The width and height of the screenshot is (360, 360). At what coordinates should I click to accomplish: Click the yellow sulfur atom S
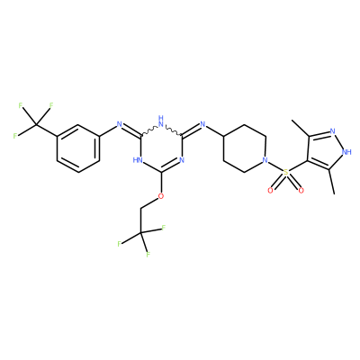coord(285,173)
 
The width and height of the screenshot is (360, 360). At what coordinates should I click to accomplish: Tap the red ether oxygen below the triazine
coord(161,196)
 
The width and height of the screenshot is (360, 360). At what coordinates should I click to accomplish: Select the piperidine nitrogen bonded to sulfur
coord(265,160)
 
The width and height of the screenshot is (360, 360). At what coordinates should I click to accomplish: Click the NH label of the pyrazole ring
coord(346,152)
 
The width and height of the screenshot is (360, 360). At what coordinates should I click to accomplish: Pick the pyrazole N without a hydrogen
coord(332,131)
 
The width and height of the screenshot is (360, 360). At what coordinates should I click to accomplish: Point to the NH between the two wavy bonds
coord(161,120)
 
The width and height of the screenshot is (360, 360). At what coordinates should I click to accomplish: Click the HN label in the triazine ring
coord(138,160)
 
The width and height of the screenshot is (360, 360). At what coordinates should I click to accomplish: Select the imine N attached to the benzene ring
coord(120,124)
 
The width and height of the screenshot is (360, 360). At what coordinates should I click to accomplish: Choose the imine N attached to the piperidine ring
coord(202,124)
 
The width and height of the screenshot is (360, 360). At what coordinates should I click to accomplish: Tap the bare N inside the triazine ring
coord(182,160)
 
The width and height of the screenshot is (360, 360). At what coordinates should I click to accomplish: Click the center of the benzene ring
coord(78,148)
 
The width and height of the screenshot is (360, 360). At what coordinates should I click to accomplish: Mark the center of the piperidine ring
coord(244,148)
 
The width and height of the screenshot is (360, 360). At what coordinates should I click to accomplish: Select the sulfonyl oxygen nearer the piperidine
coord(270,190)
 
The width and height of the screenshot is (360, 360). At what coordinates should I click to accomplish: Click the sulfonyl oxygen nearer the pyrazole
coord(301,190)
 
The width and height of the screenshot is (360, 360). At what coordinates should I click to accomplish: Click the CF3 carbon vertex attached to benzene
coord(36,124)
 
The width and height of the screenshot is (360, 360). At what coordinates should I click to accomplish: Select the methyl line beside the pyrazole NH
coord(332,182)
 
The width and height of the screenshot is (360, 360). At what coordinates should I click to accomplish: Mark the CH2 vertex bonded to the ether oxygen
coord(140,208)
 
